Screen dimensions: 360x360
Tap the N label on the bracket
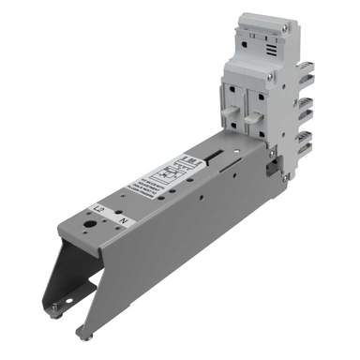coord(123,218)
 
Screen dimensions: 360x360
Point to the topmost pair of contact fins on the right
coord(305,72)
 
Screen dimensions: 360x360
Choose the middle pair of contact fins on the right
coord(305,106)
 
